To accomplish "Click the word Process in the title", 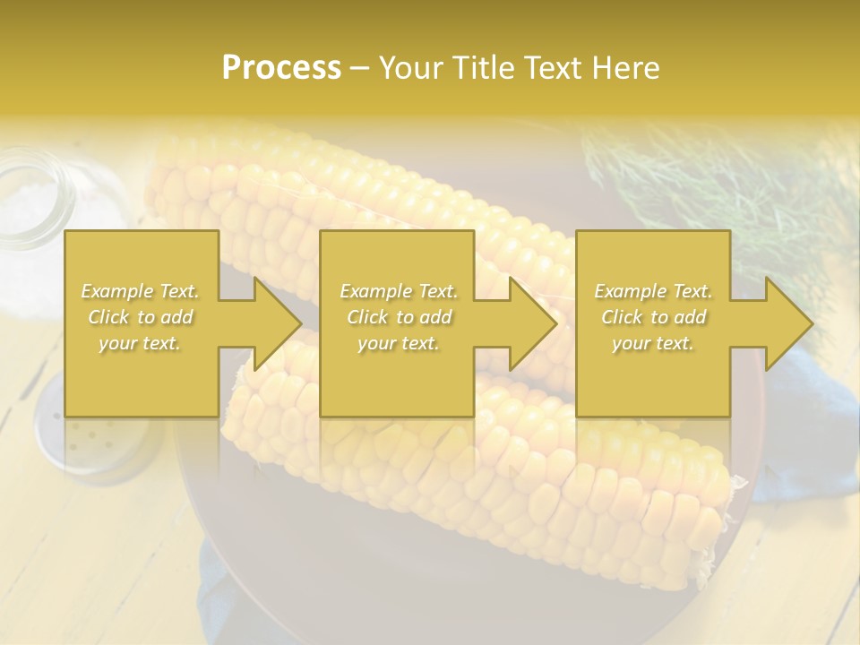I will [x=281, y=67].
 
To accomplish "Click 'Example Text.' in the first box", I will [x=141, y=291].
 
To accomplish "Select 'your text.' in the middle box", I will [x=398, y=343].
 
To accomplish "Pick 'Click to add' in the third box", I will [x=653, y=317].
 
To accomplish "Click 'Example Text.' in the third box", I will [x=653, y=291].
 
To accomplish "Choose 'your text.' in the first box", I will [x=141, y=343].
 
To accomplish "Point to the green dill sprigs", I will [x=717, y=179].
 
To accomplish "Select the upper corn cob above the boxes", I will [x=358, y=188].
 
